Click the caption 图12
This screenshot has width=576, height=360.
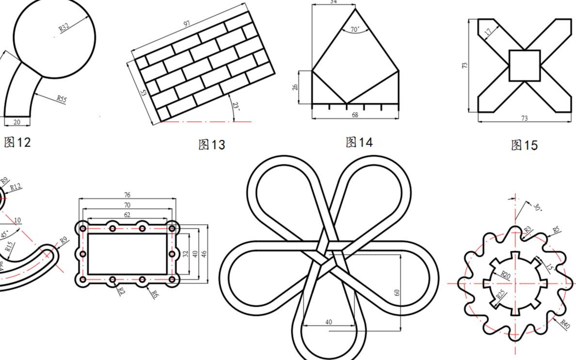tap(17, 142)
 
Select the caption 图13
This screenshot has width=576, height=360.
tap(212, 145)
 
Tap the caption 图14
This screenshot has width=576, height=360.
tap(359, 142)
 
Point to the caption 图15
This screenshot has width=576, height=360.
tap(524, 145)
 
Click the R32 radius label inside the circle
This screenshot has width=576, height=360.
tap(64, 27)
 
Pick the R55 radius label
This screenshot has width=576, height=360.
tap(61, 99)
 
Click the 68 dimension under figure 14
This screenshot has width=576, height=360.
tap(354, 115)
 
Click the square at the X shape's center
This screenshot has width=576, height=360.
tap(524, 65)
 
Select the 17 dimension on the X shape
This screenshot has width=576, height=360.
tap(487, 32)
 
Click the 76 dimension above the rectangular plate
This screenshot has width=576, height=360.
tap(127, 195)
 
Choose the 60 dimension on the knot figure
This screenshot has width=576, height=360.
tap(397, 293)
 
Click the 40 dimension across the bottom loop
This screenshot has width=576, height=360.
tap(329, 322)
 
